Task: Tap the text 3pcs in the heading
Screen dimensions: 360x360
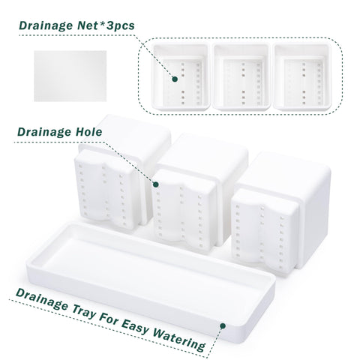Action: [121, 26]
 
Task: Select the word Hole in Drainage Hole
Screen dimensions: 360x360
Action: [88, 132]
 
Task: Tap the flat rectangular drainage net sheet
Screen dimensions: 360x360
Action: [70, 76]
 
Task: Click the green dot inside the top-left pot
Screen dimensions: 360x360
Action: [175, 79]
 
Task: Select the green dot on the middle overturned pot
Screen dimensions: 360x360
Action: [156, 184]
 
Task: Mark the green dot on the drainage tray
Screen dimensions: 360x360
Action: [223, 325]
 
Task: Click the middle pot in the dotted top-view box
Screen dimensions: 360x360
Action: [241, 76]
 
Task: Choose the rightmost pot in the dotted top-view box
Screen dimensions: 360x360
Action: [302, 76]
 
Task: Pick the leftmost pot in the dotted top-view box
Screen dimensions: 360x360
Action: [181, 76]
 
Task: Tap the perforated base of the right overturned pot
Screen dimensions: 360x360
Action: [264, 231]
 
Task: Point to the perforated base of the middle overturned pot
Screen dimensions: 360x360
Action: [184, 210]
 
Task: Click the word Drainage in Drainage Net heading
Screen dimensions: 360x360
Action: [46, 25]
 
